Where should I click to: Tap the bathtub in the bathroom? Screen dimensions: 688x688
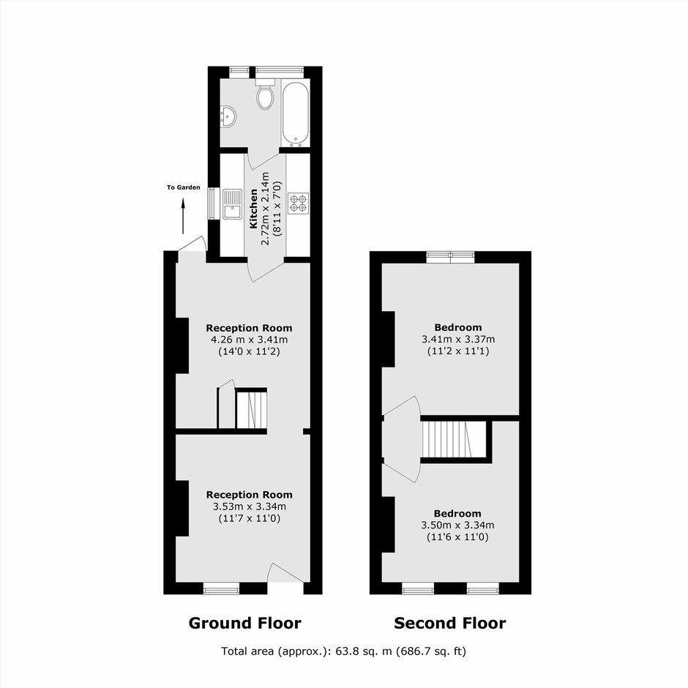click(295, 114)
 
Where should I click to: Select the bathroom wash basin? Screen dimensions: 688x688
click(228, 116)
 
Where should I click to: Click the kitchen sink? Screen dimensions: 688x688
click(232, 203)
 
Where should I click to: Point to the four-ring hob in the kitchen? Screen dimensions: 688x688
click(299, 203)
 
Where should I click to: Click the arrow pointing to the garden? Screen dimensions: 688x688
click(183, 217)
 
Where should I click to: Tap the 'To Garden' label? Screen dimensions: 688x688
click(184, 187)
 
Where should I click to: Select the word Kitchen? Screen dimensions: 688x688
click(254, 209)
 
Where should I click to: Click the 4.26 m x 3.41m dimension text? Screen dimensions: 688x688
click(250, 340)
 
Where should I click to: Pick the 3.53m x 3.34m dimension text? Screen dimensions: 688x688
click(250, 506)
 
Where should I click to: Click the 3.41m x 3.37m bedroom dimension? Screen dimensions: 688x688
click(458, 339)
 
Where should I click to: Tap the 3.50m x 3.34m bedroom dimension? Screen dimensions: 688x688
click(457, 526)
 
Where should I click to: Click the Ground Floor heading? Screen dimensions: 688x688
click(245, 623)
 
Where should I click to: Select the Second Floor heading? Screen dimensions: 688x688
click(449, 623)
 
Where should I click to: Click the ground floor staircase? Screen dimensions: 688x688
click(251, 408)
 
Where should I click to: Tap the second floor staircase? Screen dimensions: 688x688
click(454, 439)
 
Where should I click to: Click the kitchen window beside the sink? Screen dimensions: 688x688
click(213, 203)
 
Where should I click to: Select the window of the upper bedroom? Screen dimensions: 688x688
click(451, 257)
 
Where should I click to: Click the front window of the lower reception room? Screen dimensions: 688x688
click(221, 588)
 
